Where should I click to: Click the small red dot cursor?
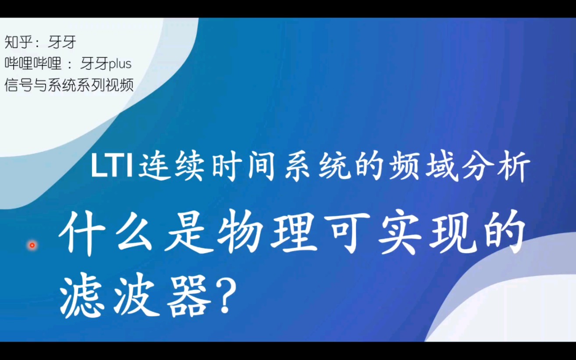point(32,246)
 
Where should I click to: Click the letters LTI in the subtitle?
point(112,168)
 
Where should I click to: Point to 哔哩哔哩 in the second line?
point(33,64)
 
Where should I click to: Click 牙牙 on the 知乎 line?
point(62,43)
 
